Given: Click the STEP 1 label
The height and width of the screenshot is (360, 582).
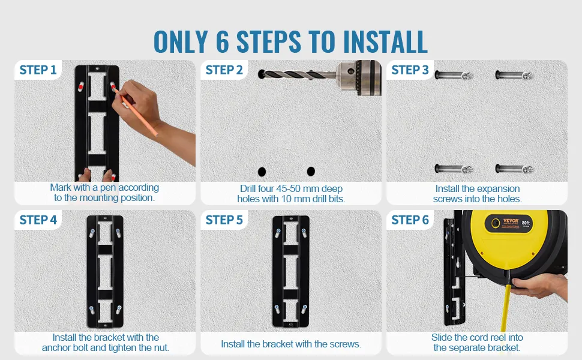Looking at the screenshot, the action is [38, 70].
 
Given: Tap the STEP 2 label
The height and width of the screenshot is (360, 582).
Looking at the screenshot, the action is [224, 70].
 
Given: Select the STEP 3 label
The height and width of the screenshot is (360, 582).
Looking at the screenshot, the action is [410, 70].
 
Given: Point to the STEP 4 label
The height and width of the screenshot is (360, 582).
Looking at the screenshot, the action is [38, 220].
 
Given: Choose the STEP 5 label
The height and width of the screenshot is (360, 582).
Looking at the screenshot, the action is [224, 220].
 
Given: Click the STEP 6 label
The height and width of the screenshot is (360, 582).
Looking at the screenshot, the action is [410, 220].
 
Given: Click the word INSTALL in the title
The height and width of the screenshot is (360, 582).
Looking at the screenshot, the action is [385, 41].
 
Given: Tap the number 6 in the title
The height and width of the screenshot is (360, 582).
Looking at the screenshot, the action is [223, 41].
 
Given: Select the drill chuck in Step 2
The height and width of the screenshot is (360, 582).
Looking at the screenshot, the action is [359, 77].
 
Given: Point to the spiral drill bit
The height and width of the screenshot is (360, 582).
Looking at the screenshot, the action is [298, 74].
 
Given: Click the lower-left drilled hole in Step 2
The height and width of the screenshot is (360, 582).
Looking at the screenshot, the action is [262, 172].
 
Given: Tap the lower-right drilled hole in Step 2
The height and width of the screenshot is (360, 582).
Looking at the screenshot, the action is [311, 172].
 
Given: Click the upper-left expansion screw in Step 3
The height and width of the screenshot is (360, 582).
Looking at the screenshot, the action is [454, 76].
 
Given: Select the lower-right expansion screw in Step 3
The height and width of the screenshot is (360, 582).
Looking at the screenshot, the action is [514, 169].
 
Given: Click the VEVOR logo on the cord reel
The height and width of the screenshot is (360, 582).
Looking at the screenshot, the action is [511, 221].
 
